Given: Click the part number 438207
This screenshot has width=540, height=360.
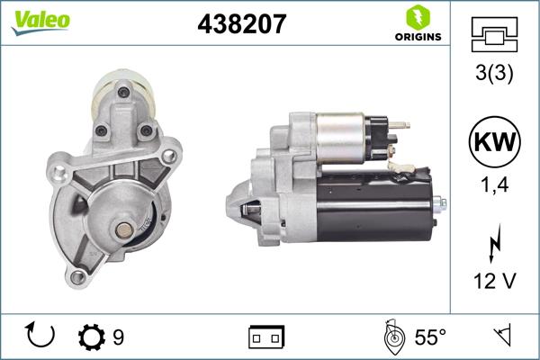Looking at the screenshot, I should [x=241, y=24].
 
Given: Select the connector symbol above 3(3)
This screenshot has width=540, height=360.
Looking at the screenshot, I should [x=494, y=37].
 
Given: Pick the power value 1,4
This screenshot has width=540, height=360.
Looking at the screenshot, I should [x=494, y=186].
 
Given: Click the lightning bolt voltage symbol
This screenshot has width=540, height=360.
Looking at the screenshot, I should [x=494, y=244].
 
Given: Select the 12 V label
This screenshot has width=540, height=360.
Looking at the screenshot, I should [x=494, y=283].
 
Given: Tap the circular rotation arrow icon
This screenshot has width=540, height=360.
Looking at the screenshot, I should [x=41, y=337].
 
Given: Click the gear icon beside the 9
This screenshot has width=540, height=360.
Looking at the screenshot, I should [x=92, y=337].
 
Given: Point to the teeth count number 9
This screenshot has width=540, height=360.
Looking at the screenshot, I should [x=118, y=337].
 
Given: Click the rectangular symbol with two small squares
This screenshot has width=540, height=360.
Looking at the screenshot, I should [x=266, y=337].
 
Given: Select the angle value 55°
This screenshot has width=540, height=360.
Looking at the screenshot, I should [x=430, y=337].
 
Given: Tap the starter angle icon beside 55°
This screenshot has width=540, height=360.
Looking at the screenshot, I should [x=392, y=337].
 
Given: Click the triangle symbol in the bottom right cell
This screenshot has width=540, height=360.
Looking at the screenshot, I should [x=501, y=337].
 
